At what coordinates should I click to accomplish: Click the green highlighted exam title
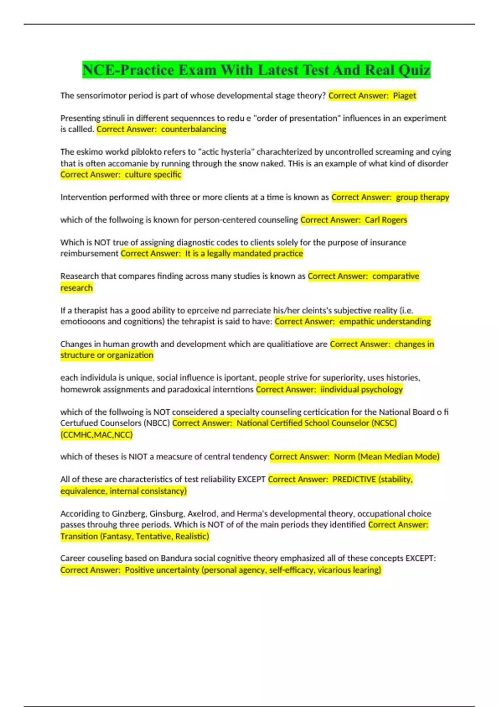coord(256,70)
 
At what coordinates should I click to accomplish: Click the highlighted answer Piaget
coord(404,96)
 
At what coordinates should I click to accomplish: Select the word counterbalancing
coord(193,129)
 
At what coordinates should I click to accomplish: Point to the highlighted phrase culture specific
coord(153,175)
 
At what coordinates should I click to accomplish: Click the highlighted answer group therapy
coord(422,197)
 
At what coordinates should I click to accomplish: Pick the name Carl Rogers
coord(386,220)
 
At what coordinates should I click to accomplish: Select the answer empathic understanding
coord(385,321)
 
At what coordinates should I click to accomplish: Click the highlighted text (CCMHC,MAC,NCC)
coord(96,435)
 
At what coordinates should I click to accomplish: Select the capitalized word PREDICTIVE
coord(354,480)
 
